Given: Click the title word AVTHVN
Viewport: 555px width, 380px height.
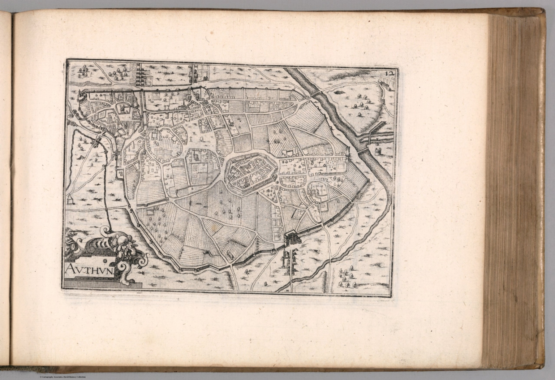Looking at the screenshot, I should (x=90, y=269).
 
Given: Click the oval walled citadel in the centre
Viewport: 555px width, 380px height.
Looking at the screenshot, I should (x=251, y=173).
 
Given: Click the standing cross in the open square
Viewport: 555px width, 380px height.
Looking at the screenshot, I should (x=190, y=138).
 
